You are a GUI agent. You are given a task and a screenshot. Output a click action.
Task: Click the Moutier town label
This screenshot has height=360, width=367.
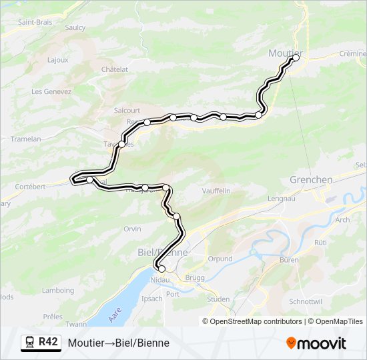point(285,53)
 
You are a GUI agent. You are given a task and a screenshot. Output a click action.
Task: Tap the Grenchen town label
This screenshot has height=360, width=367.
point(311,180)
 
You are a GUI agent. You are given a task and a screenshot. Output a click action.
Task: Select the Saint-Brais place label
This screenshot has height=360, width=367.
point(35,21)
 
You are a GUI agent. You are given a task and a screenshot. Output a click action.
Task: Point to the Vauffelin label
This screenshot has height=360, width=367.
point(216,191)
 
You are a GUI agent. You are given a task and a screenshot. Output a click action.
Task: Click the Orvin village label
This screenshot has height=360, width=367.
point(132,229)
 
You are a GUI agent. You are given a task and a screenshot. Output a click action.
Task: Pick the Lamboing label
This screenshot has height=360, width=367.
point(58,291)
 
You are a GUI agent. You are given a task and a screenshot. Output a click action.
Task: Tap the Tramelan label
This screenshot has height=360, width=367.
point(26,139)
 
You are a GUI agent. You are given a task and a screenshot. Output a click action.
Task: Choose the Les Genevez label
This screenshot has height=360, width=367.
point(51,91)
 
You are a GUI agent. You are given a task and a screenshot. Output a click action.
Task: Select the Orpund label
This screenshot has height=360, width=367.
point(220,259)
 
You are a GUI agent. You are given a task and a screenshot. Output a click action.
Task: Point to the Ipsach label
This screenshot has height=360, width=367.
point(151,298)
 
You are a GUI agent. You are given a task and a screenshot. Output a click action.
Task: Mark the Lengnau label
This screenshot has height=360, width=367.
point(280,198)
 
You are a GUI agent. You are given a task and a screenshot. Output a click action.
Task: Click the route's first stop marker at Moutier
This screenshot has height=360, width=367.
point(296,58)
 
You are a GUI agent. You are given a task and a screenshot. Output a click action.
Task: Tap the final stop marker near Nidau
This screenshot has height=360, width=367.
point(161,269)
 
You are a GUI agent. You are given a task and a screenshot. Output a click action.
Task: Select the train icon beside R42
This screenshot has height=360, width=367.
point(30,342)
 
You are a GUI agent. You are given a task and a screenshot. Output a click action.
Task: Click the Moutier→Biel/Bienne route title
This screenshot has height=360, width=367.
point(118,343)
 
